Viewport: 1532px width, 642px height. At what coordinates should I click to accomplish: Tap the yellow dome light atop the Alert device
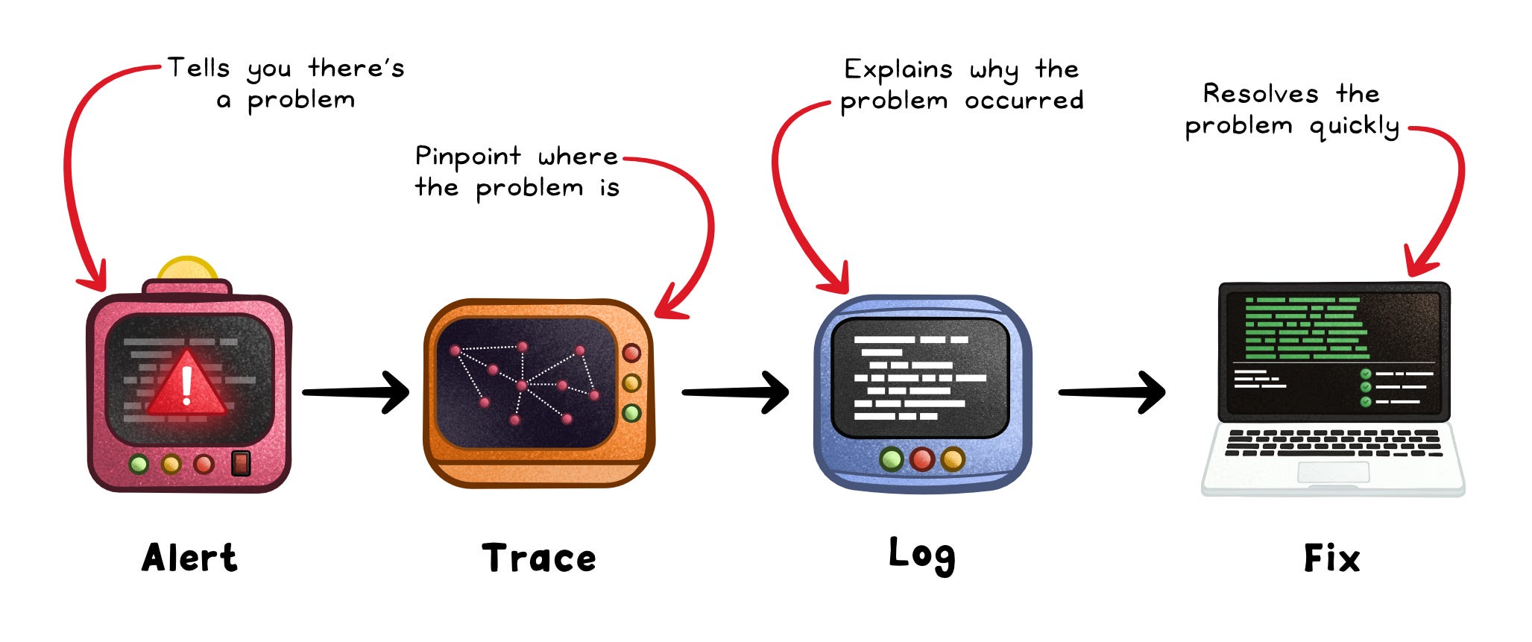pos(187,269)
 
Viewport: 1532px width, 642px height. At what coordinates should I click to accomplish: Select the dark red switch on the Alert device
pos(240,463)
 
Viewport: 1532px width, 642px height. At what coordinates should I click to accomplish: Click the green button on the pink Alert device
pos(139,465)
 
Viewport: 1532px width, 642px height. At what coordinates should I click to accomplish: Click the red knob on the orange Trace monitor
pos(631,353)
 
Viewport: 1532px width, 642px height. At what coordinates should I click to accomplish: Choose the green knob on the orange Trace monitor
pos(631,412)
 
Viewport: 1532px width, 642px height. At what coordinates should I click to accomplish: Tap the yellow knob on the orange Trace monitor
pos(631,383)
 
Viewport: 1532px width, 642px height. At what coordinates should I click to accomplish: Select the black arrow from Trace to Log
pos(735,392)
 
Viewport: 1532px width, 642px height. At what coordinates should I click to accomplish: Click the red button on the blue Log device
pos(922,459)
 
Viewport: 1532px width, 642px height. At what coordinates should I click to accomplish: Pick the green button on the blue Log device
pos(892,459)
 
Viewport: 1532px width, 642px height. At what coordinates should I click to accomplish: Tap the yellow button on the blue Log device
pos(953,459)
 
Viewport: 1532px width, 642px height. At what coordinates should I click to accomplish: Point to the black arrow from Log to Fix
pos(1112,392)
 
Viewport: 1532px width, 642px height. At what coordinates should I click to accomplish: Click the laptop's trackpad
pos(1333,472)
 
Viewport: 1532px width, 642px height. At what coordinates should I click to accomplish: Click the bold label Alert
pos(189,558)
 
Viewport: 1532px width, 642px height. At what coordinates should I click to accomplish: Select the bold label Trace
pos(539,558)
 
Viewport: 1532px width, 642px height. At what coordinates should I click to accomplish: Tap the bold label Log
pos(921,555)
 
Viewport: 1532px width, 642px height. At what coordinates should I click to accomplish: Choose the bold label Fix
pos(1331,558)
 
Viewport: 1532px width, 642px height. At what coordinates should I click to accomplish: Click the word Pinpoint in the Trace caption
pos(467,157)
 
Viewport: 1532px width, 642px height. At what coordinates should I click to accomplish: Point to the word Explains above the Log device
pos(898,70)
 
